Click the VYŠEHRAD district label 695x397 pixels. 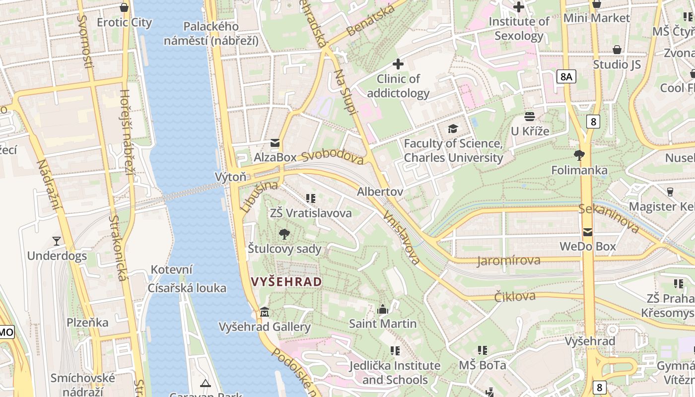point(286,282)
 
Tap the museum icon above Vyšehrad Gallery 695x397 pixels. point(265,312)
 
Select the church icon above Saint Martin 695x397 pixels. point(383,309)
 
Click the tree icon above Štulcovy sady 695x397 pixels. point(284,234)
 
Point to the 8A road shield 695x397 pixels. point(566,76)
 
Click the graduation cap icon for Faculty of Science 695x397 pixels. point(453,129)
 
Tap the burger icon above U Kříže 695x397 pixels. point(530,117)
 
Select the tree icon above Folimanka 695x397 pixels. point(579,155)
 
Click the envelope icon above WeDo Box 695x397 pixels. point(588,232)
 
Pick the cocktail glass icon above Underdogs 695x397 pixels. point(57,241)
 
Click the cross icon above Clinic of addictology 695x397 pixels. point(398,64)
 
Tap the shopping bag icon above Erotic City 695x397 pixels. point(124,7)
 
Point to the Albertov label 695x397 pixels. point(380,192)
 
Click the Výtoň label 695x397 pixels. point(230,177)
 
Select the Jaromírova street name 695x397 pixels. point(508,261)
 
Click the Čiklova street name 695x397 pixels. point(515,297)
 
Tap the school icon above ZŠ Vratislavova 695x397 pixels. point(311,198)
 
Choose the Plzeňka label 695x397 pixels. point(87,323)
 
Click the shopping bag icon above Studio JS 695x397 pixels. point(617,50)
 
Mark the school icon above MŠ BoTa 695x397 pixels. point(482,350)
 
